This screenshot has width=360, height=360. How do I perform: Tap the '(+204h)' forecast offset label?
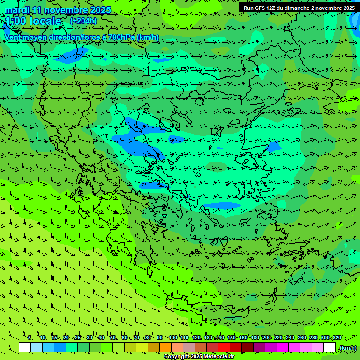click(83, 21)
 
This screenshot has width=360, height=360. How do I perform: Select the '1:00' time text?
click(15, 22)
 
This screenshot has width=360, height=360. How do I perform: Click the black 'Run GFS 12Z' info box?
click(299, 8)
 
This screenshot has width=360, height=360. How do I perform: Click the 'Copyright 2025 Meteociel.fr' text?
click(199, 357)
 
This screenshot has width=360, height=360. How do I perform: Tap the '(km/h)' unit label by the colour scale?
click(348, 348)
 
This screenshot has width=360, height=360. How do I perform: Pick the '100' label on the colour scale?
click(173, 338)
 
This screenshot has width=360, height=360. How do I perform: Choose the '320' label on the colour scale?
click(337, 338)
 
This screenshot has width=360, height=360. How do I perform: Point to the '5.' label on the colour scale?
click(30, 338)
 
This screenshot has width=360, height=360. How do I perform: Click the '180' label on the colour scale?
click(255, 338)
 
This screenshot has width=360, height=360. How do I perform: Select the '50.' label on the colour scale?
click(113, 338)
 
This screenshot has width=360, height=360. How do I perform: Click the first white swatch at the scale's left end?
click(25, 347)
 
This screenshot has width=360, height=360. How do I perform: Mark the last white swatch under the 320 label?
click(330, 347)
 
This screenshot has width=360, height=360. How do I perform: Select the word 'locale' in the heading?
click(45, 22)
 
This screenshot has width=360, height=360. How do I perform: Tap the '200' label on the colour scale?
click(266, 338)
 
